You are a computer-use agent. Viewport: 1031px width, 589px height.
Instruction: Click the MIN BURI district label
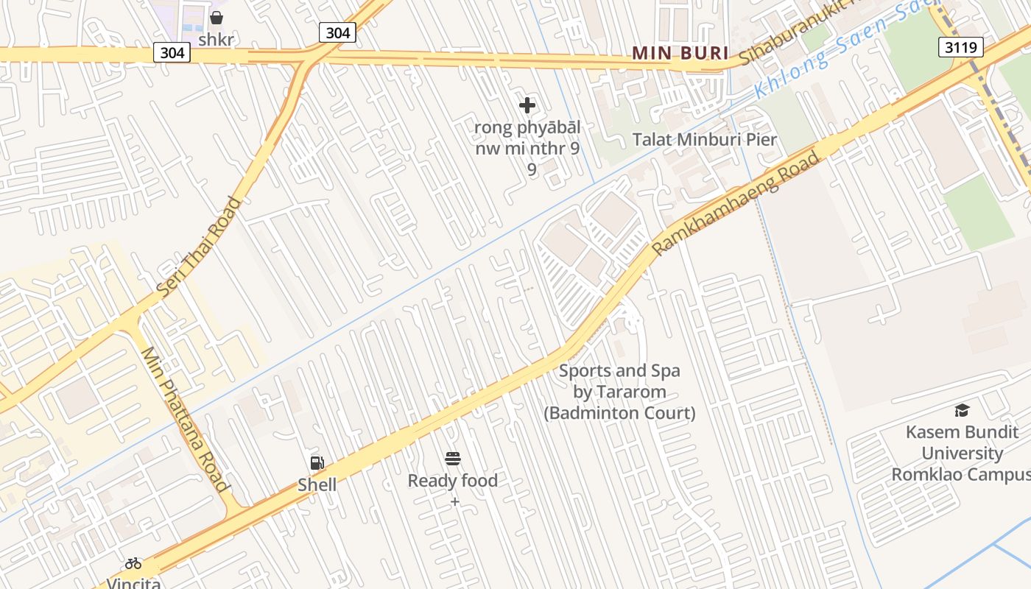point(680,53)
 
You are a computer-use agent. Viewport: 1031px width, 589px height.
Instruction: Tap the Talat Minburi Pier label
point(705,139)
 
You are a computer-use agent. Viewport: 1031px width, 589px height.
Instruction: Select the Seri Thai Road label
point(199,247)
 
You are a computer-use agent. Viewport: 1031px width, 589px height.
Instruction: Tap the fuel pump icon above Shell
point(317,463)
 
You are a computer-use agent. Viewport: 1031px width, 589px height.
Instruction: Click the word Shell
point(317,484)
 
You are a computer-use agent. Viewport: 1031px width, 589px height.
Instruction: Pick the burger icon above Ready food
point(453,459)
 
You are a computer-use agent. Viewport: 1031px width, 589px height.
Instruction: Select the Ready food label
point(453,481)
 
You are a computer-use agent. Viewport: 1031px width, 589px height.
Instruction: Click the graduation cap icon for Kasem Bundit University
point(962,411)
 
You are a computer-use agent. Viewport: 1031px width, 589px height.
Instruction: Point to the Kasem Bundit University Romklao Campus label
point(962,453)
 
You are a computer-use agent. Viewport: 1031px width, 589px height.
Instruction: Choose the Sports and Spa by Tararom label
point(619,392)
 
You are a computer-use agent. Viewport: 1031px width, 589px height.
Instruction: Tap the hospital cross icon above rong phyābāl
point(527,105)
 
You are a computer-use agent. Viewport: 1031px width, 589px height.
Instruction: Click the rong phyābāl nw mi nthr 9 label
point(527,148)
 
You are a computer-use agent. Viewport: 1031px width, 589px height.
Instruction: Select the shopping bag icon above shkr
point(217,18)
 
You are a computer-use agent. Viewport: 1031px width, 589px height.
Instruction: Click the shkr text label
point(217,39)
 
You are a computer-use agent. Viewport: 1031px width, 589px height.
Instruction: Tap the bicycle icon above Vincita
point(133,564)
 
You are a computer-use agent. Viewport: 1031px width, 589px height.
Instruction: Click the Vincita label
point(133,583)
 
